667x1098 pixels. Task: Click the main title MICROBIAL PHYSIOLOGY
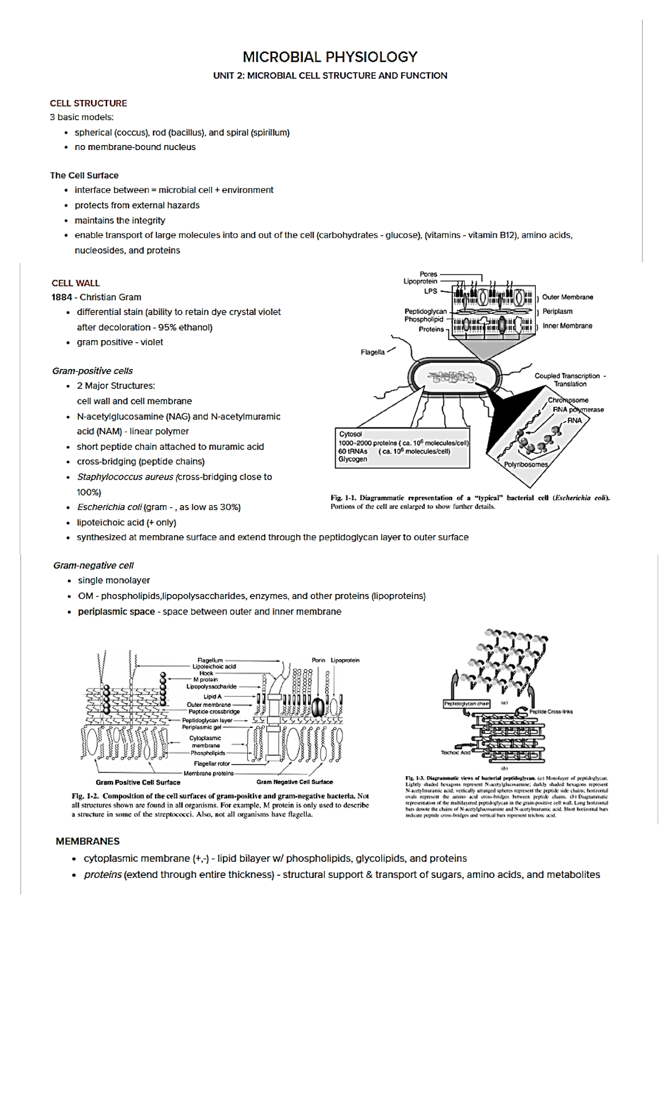330,57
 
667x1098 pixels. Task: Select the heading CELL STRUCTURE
88,103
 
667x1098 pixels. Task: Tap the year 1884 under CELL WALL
61,297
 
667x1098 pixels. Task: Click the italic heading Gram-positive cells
92,371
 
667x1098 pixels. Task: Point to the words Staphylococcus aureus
125,477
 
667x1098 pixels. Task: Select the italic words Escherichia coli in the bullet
109,507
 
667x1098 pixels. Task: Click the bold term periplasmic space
116,612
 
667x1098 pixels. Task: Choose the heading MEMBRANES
87,841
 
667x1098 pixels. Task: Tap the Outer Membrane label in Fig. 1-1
568,297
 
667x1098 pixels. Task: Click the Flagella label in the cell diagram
372,352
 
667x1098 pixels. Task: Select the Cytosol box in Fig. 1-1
402,447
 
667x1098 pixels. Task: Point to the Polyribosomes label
526,465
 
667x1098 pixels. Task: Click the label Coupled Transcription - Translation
569,380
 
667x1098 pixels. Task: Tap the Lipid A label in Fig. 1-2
212,696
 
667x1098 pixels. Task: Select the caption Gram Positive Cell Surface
138,782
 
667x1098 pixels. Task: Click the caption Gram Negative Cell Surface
295,782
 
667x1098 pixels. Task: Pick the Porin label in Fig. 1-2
318,660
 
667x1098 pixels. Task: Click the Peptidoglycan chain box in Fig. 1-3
466,703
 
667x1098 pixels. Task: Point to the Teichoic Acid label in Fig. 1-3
455,752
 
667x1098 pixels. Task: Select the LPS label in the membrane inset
431,291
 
